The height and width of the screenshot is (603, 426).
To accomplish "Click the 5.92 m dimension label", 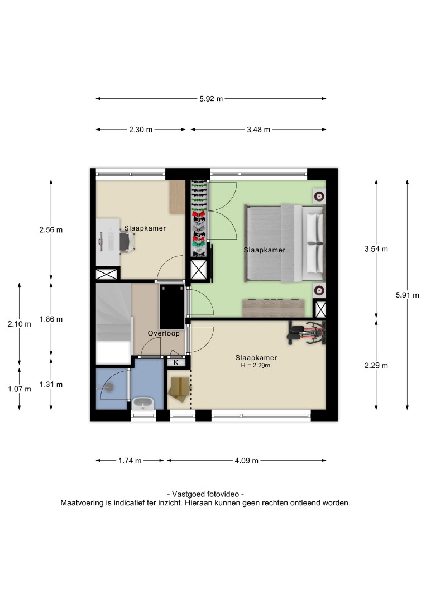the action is point(211,99).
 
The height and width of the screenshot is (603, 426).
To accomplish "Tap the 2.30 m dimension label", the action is point(141,130).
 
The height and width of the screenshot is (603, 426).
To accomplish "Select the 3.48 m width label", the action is point(259,130).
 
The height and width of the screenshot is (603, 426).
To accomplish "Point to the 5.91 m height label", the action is point(407,295).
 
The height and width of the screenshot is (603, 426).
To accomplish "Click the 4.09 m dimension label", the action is point(246,460).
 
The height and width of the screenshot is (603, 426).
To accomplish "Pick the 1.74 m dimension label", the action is point(130,460).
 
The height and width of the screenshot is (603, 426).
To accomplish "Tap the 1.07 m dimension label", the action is point(20,389).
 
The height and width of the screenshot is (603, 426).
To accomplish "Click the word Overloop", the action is point(164,333).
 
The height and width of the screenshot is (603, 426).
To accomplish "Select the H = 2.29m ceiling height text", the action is point(256,365).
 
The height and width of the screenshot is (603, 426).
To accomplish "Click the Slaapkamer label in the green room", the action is point(265,250).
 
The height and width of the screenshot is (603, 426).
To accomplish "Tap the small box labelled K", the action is point(176,362).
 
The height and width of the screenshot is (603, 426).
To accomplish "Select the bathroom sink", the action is point(143,404).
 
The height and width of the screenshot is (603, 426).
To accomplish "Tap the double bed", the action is point(285,243).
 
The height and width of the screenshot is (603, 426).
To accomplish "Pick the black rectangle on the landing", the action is point(172,307).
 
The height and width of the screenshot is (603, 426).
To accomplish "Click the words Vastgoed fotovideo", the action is point(205,494).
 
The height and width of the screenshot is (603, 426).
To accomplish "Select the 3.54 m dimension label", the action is point(376,249).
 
